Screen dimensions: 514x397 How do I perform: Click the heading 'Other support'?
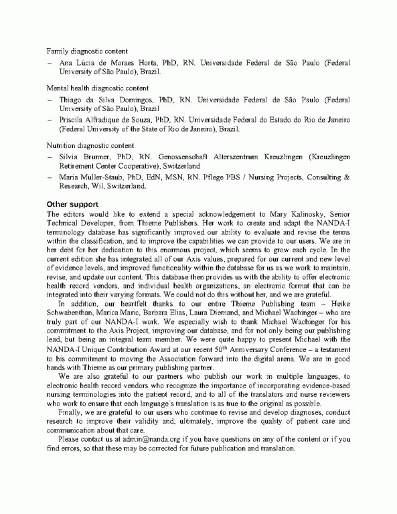pos(73,204)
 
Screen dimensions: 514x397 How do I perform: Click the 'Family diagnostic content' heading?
pos(87,52)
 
